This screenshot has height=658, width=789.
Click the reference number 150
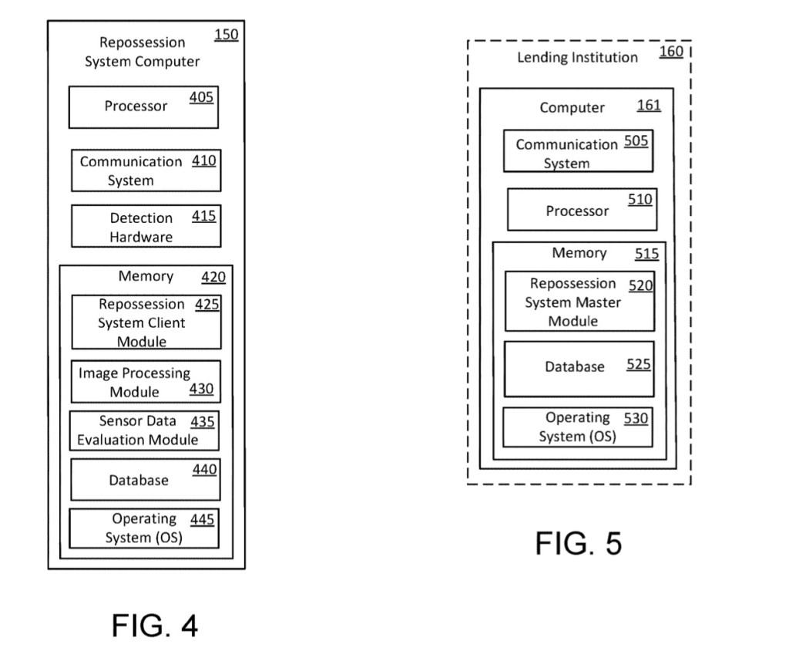click(226, 35)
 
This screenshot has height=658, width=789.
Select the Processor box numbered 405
click(143, 107)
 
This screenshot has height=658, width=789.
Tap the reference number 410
click(203, 161)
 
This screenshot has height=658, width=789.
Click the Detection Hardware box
click(146, 226)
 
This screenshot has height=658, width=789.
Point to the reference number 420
click(213, 278)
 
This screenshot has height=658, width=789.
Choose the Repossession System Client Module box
click(146, 322)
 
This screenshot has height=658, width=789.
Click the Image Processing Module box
click(146, 382)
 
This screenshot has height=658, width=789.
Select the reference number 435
click(203, 422)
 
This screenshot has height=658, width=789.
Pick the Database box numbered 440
click(146, 479)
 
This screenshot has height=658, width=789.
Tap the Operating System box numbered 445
click(143, 528)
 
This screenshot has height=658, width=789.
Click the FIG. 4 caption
click(155, 625)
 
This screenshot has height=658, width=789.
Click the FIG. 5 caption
click(578, 544)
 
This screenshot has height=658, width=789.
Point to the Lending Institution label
click(577, 58)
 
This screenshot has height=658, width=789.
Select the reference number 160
click(671, 52)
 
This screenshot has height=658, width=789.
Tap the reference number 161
click(649, 106)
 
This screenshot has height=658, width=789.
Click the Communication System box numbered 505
click(578, 151)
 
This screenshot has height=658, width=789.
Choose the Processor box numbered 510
click(582, 210)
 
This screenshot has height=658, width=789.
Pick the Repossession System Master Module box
click(579, 302)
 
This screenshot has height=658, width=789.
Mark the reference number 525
click(638, 365)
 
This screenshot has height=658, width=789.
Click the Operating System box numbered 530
click(577, 427)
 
